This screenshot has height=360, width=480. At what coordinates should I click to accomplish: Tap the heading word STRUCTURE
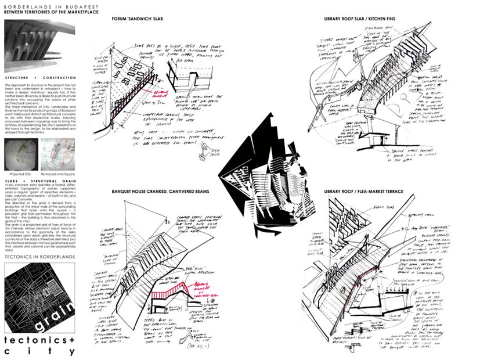pos(19,77)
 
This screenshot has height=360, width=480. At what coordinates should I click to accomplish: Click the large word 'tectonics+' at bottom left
pos(39,340)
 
